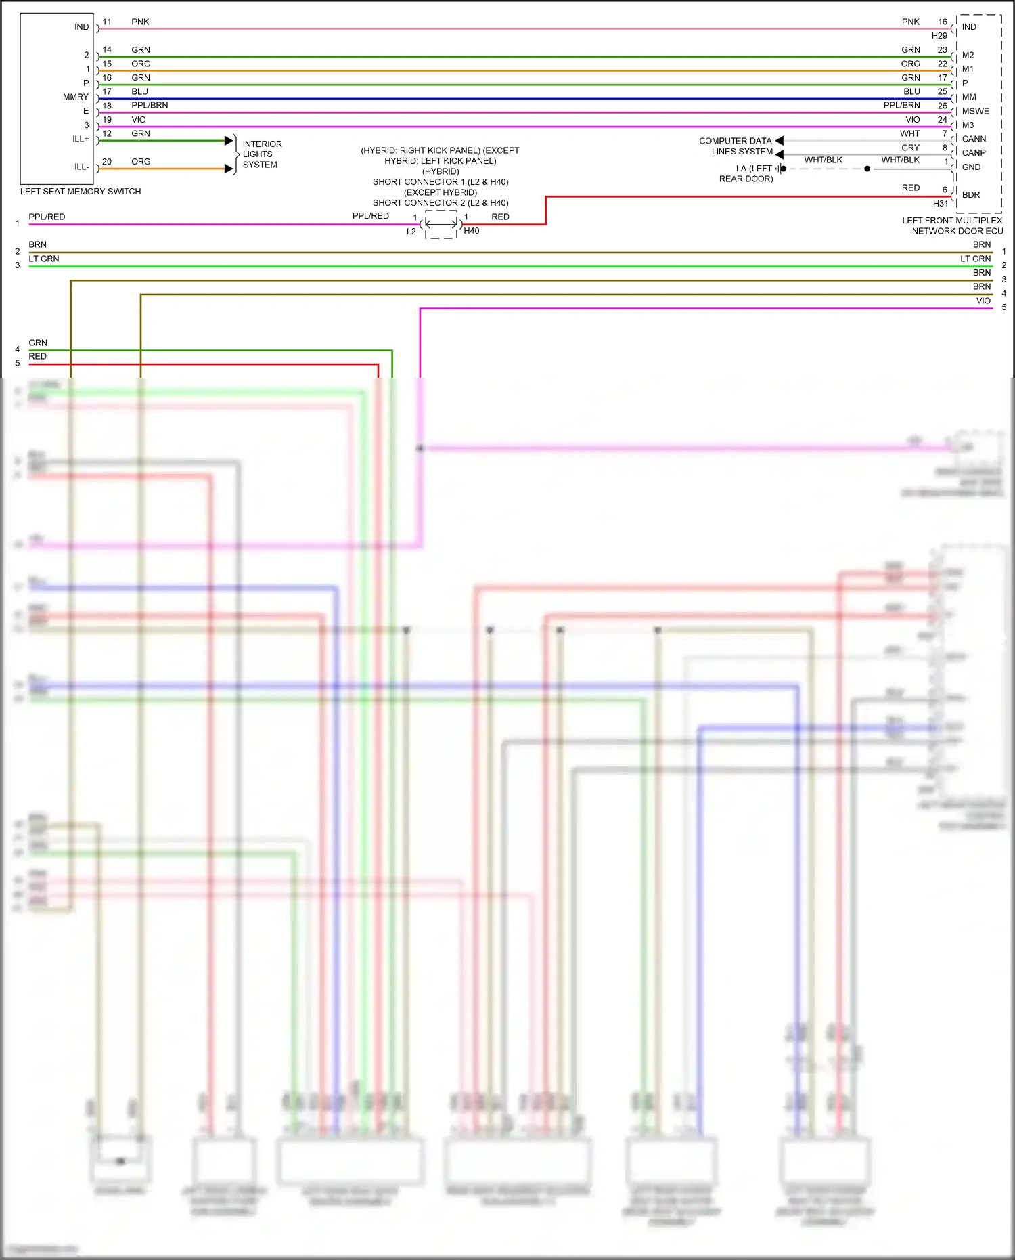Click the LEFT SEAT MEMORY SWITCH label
click(81, 192)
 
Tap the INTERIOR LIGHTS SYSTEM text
click(262, 154)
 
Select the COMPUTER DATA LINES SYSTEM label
click(736, 146)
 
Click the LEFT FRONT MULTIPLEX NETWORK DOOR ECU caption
click(953, 225)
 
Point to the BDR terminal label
click(971, 195)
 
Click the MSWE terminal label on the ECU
click(975, 111)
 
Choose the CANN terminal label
click(974, 139)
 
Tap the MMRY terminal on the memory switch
click(76, 97)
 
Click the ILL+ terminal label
click(81, 139)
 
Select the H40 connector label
click(472, 231)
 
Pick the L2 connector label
click(411, 232)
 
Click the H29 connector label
click(939, 36)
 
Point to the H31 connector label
click(941, 204)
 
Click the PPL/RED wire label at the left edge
click(47, 217)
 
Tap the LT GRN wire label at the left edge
click(44, 259)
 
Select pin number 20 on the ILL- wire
click(107, 162)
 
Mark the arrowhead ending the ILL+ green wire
click(229, 141)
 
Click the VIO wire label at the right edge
click(983, 301)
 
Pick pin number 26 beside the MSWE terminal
click(943, 106)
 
